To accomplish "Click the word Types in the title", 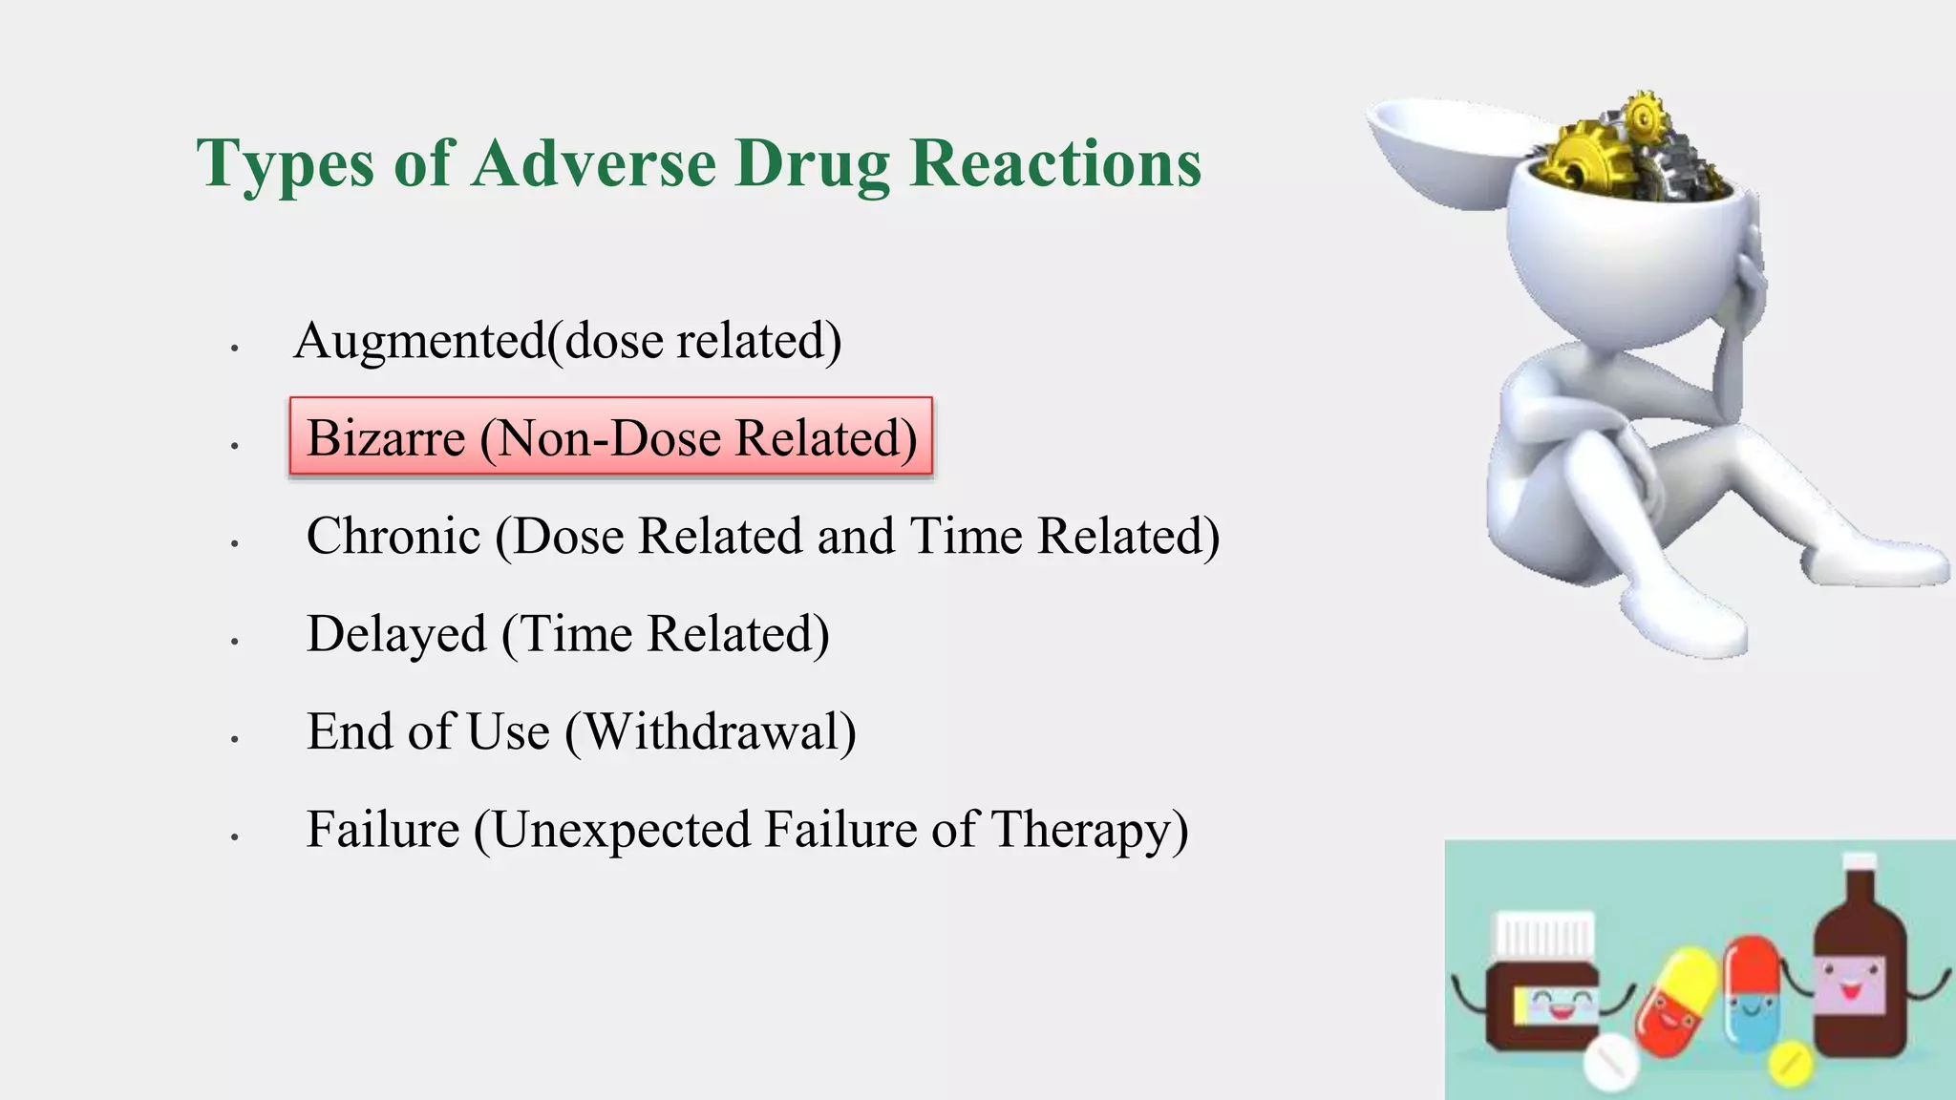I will (x=285, y=164).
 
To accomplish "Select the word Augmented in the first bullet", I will (x=419, y=341).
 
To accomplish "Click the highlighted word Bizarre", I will (x=386, y=438).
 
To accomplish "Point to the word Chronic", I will (x=393, y=536).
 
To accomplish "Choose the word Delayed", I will (x=396, y=634).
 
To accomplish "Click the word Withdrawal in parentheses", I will (x=711, y=732).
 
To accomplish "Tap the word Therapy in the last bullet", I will (x=1090, y=830).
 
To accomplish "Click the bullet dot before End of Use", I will (x=234, y=739).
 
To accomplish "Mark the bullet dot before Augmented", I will (x=234, y=349).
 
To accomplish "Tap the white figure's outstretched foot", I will (x=1872, y=563).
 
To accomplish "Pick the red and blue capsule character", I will (x=1753, y=993).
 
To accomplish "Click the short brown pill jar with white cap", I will (x=1542, y=984).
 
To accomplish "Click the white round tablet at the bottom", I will (x=1611, y=1062).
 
